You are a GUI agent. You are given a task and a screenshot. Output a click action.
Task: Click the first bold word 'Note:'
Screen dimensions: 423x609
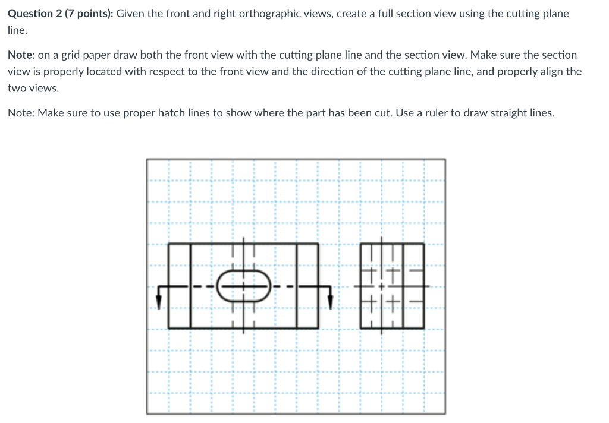[x=21, y=55]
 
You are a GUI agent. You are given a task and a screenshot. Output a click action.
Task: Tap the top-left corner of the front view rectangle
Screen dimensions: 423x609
[x=169, y=244]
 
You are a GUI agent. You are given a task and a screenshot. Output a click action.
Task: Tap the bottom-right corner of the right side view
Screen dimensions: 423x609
[x=424, y=328]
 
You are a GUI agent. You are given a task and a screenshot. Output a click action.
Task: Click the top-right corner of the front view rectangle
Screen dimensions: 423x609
[x=319, y=244]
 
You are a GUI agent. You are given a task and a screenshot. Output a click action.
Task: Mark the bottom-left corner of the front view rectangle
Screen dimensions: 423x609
[x=169, y=328]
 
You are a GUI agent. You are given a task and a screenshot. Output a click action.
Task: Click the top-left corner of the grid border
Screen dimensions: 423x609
[x=147, y=159]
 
